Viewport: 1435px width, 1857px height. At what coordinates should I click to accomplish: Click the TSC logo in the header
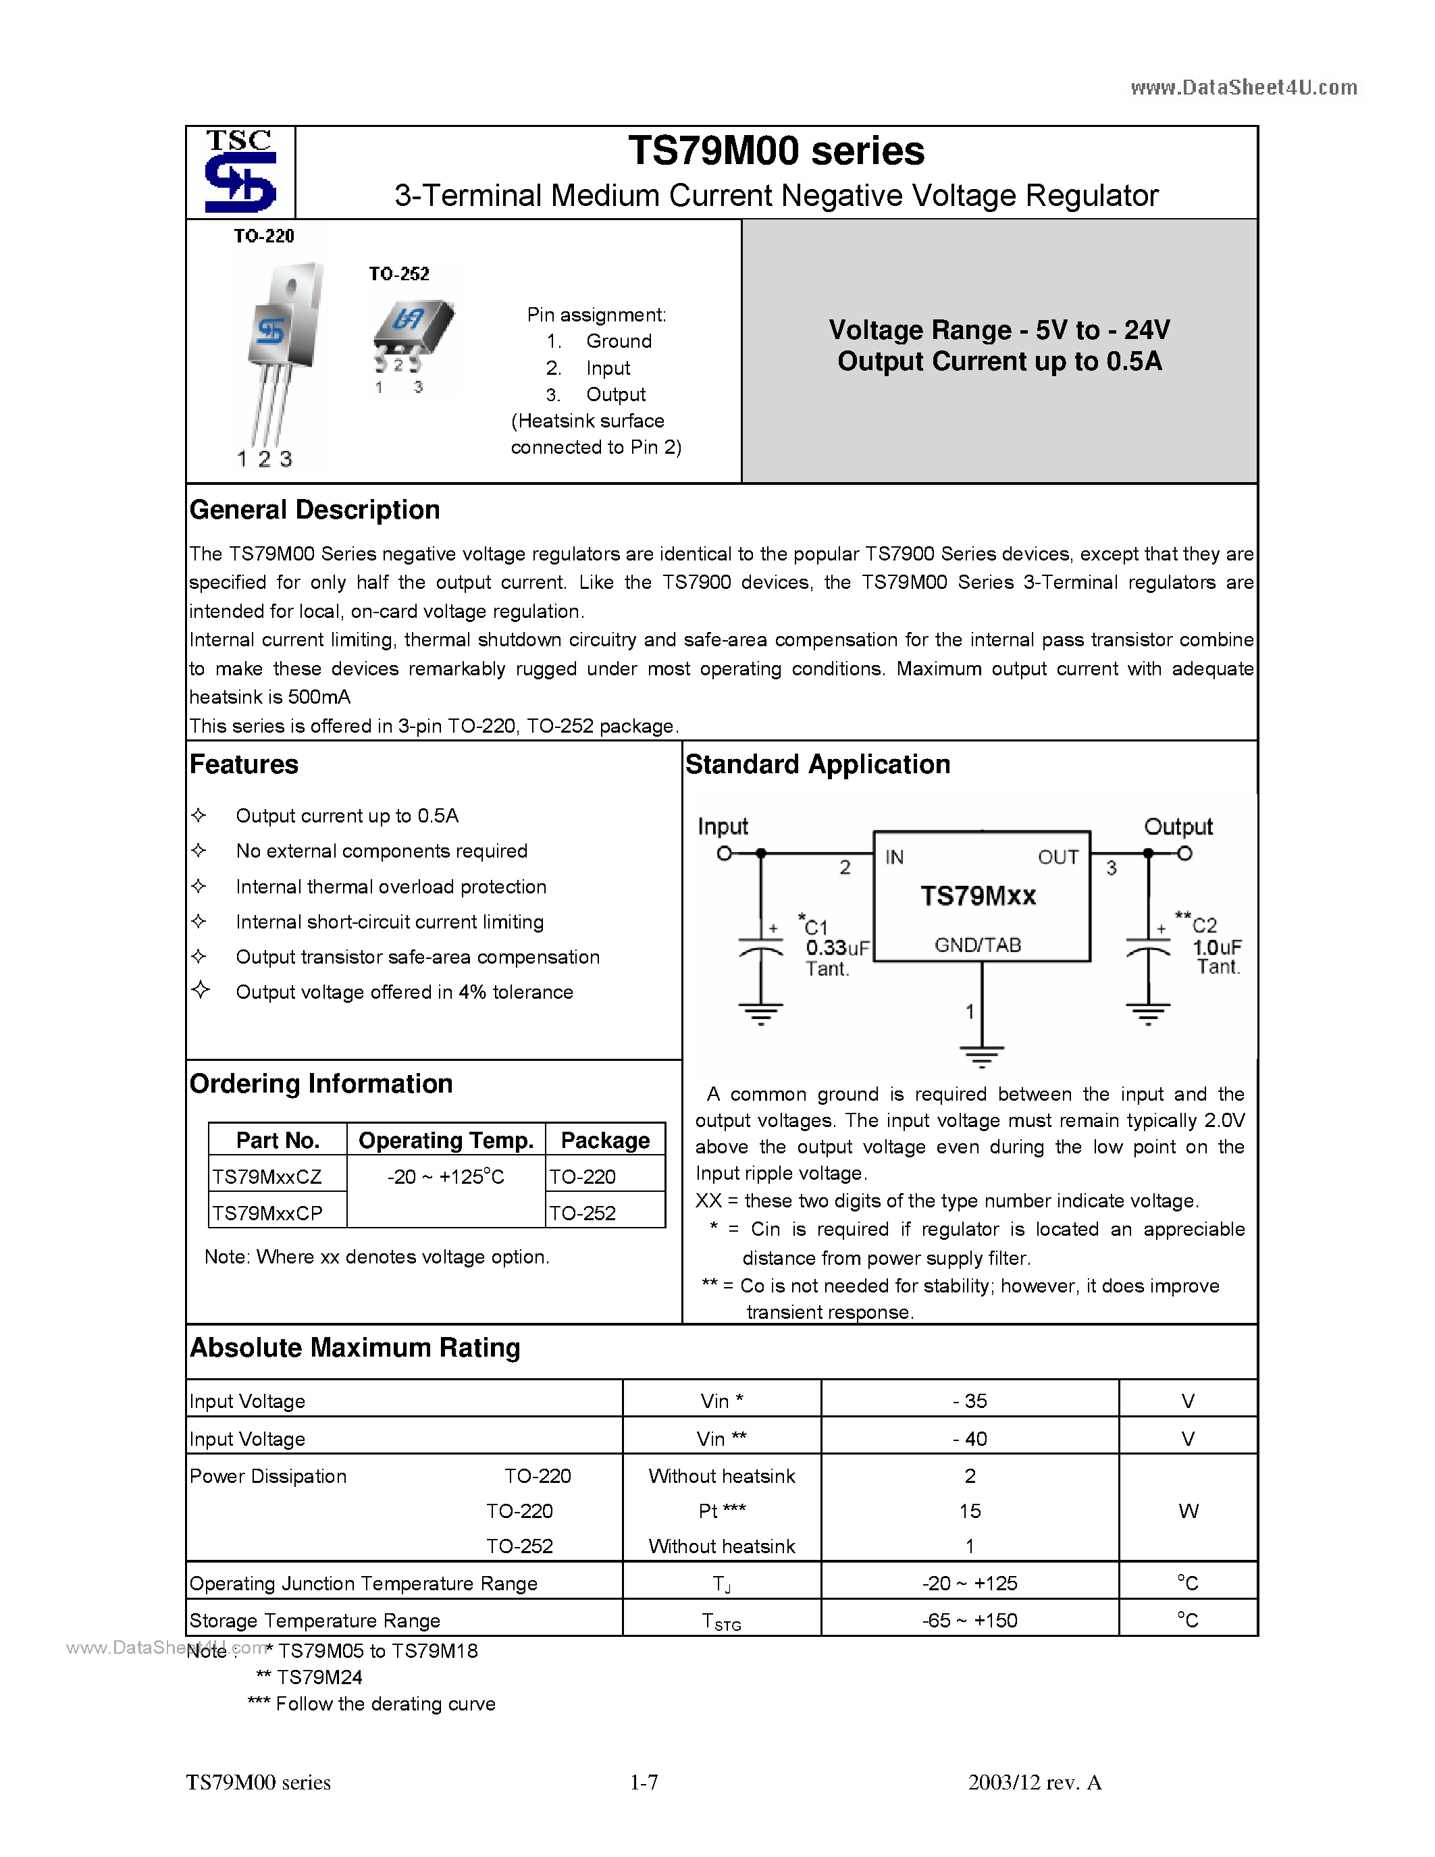click(240, 171)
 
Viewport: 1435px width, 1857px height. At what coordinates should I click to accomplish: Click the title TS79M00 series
click(775, 151)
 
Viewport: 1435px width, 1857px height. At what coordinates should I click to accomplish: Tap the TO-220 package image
click(280, 348)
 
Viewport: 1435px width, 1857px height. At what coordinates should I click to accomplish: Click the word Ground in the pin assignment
click(618, 341)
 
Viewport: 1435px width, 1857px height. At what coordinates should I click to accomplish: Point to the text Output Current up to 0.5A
click(999, 361)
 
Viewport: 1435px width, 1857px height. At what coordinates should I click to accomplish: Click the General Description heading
click(315, 509)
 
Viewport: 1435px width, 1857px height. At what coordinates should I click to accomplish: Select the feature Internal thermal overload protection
click(391, 887)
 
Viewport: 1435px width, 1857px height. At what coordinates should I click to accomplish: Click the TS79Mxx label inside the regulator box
click(978, 896)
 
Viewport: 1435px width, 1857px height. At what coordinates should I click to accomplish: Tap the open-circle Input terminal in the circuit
click(725, 853)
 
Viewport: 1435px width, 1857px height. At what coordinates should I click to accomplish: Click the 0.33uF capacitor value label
click(837, 948)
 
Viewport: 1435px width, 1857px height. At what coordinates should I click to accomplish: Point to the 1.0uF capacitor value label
click(1216, 947)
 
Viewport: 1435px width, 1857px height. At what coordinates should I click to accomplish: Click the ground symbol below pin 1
click(982, 1057)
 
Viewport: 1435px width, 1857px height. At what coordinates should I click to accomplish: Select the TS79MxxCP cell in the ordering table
click(268, 1213)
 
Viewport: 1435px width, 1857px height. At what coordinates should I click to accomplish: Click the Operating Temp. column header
click(446, 1141)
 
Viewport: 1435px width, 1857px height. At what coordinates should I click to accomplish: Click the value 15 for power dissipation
click(969, 1511)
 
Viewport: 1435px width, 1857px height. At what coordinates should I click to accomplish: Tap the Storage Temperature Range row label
click(315, 1621)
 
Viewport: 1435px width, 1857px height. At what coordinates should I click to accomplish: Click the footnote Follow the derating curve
click(384, 1704)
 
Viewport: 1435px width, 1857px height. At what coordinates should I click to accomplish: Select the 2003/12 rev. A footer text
click(1034, 1782)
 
